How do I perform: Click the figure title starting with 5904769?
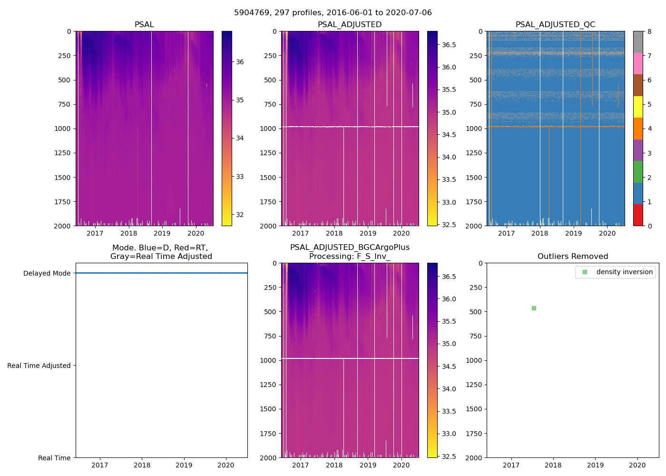(x=333, y=13)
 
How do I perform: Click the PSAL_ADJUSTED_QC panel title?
(x=555, y=25)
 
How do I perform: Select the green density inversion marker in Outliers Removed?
(x=534, y=308)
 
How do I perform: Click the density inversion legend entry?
(x=624, y=272)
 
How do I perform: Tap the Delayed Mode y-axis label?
(x=47, y=273)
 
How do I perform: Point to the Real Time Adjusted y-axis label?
(x=39, y=366)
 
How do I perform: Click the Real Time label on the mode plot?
(x=54, y=458)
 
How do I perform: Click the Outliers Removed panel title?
(x=572, y=257)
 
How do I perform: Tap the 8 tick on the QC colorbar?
(x=649, y=31)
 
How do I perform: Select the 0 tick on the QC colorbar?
(x=649, y=226)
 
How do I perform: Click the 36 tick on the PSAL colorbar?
(x=240, y=62)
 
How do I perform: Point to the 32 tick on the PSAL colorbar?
(x=240, y=215)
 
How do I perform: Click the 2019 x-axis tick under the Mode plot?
(x=184, y=465)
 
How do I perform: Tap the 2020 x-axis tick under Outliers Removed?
(x=637, y=465)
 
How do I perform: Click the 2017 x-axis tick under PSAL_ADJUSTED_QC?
(x=506, y=233)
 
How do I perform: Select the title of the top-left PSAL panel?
(x=144, y=25)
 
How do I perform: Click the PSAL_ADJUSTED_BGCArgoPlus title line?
(x=350, y=248)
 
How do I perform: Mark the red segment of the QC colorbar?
(x=638, y=215)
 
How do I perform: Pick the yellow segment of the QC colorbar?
(x=638, y=107)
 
